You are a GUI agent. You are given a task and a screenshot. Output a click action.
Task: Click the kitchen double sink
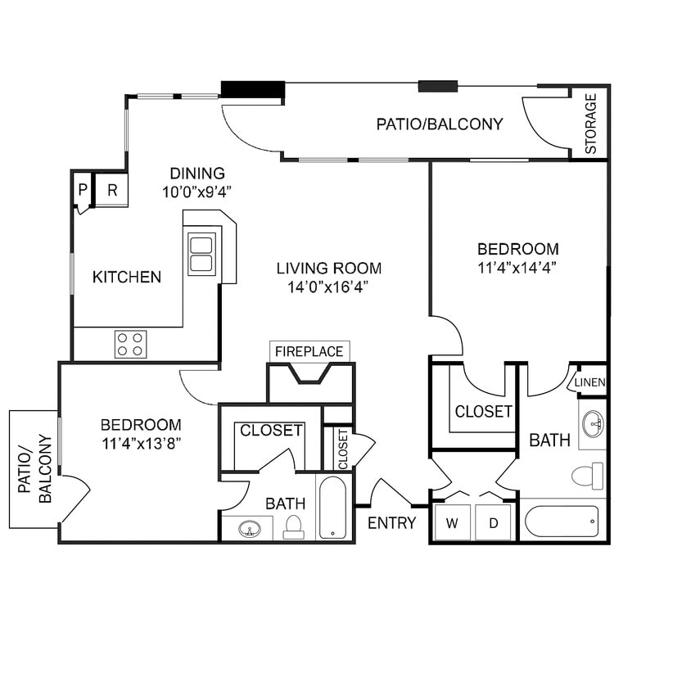201,254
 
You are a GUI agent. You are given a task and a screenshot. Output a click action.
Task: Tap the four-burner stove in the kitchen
130,344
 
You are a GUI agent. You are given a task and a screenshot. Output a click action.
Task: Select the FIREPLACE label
309,351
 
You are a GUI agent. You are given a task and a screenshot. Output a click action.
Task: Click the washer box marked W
451,522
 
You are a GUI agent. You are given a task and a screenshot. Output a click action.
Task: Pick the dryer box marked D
494,522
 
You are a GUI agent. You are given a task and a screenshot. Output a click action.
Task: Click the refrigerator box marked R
112,190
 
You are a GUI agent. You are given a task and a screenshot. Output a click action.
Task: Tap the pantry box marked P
83,190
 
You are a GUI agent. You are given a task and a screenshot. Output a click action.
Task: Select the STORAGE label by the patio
591,124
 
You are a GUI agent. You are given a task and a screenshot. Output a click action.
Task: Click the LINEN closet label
589,382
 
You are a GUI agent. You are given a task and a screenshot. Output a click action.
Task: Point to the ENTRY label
391,523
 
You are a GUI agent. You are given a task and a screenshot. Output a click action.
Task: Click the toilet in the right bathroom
587,476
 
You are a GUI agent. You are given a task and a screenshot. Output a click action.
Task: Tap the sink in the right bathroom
593,424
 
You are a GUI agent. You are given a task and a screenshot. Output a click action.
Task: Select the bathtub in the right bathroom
562,522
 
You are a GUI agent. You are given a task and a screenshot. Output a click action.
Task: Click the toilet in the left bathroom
293,527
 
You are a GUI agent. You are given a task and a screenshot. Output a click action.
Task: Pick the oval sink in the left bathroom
249,529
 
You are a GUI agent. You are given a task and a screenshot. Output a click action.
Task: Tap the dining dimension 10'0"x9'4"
197,192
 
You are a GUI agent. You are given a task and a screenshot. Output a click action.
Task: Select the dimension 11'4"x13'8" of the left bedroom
141,444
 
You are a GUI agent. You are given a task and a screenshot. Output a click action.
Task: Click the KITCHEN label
126,277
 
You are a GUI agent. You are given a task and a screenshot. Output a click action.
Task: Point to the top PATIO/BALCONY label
439,124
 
